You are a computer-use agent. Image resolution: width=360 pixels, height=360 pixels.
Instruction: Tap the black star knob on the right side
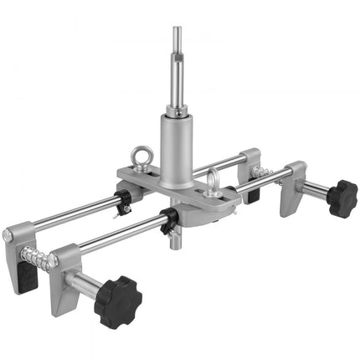tap(342, 198)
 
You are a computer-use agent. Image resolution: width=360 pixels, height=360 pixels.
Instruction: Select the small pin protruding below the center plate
tap(176, 243)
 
